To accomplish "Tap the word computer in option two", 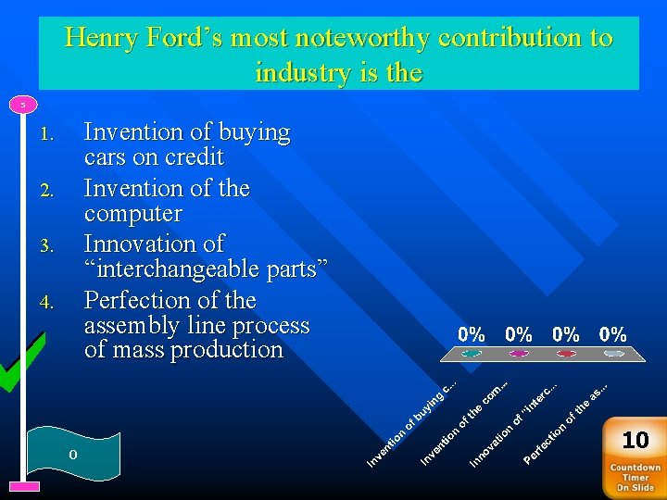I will click(x=133, y=213).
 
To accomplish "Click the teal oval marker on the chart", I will click(x=472, y=353).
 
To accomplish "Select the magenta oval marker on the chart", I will click(x=519, y=353).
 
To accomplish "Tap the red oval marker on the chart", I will click(x=566, y=353).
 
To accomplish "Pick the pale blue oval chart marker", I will click(x=613, y=353).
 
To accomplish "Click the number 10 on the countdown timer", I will click(x=636, y=439).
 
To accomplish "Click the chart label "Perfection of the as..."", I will click(x=565, y=421).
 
